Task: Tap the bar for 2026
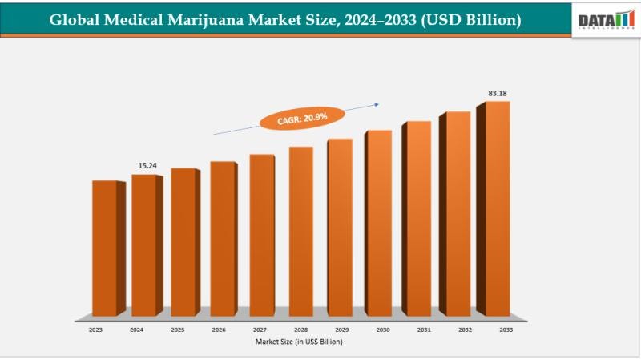(223, 238)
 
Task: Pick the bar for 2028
(301, 230)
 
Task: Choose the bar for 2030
(379, 222)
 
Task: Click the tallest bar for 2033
(497, 208)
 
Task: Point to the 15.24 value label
(147, 165)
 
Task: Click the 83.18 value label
(498, 94)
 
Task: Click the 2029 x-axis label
(341, 329)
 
